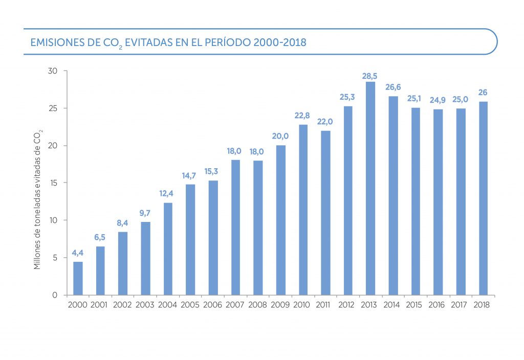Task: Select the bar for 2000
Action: pos(78,278)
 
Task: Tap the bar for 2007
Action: pos(235,227)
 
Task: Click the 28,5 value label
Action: pos(370,76)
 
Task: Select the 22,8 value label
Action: pos(303,116)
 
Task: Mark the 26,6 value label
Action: pos(393,86)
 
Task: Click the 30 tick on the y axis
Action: pos(53,71)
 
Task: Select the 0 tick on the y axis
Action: pos(55,295)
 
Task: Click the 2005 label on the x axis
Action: pos(190,305)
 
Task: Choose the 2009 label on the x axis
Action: pos(280,305)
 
